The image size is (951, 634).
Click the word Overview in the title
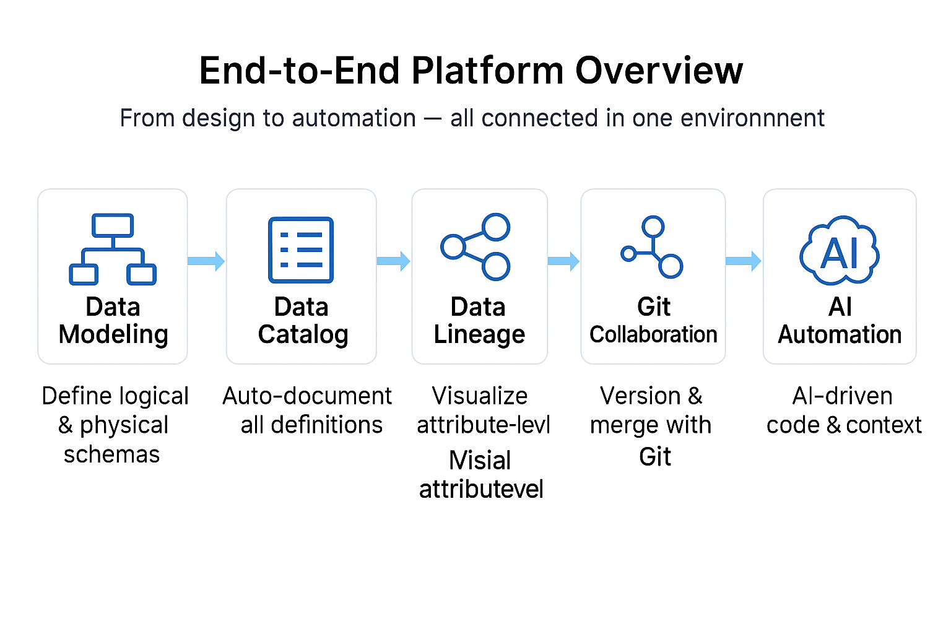pyautogui.click(x=659, y=71)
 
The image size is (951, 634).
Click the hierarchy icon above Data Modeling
pyautogui.click(x=113, y=249)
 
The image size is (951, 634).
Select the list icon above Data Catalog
pyautogui.click(x=301, y=250)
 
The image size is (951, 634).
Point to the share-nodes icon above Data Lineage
pyautogui.click(x=475, y=247)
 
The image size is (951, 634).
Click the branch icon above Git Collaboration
pyautogui.click(x=653, y=247)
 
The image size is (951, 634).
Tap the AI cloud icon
pyautogui.click(x=840, y=251)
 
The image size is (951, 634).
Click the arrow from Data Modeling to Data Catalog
pyautogui.click(x=206, y=261)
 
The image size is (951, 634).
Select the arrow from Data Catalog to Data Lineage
pyautogui.click(x=394, y=261)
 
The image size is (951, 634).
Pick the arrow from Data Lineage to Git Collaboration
pyautogui.click(x=563, y=261)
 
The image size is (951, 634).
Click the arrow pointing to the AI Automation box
pyautogui.click(x=744, y=261)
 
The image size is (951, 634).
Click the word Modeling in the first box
pyautogui.click(x=113, y=335)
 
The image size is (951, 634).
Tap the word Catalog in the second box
pyautogui.click(x=303, y=335)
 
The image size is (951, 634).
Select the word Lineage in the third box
pyautogui.click(x=479, y=335)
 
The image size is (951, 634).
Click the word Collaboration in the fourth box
pyautogui.click(x=653, y=335)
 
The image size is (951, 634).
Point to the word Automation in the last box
pyautogui.click(x=840, y=335)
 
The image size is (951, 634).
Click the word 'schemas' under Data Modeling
pyautogui.click(x=112, y=454)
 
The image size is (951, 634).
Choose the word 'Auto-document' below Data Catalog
pyautogui.click(x=307, y=396)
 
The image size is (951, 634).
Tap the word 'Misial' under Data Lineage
pyautogui.click(x=480, y=461)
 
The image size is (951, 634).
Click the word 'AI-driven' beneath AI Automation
pyautogui.click(x=842, y=396)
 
